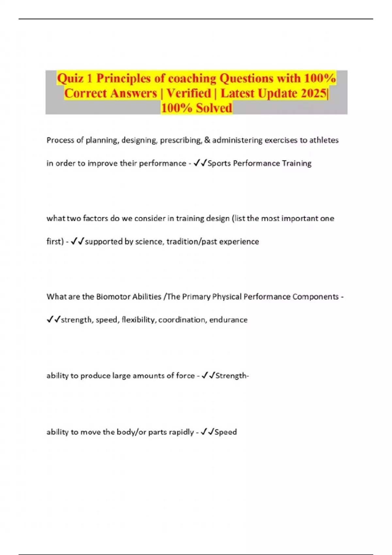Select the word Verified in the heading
pos(189,93)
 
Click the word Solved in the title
pos(214,108)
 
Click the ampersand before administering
pos(207,140)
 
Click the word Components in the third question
pos(315,297)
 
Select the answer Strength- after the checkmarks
pos(232,376)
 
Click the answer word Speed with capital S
pos(226,432)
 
